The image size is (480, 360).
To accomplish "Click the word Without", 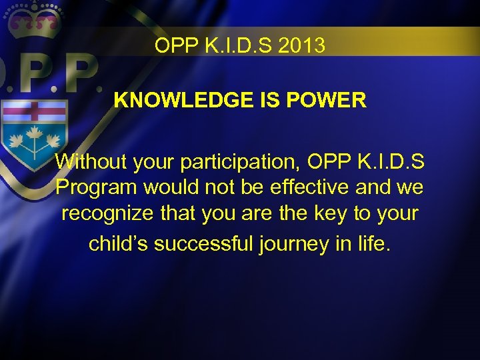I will coord(93,161).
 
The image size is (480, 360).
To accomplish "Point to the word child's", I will coord(118,243).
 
